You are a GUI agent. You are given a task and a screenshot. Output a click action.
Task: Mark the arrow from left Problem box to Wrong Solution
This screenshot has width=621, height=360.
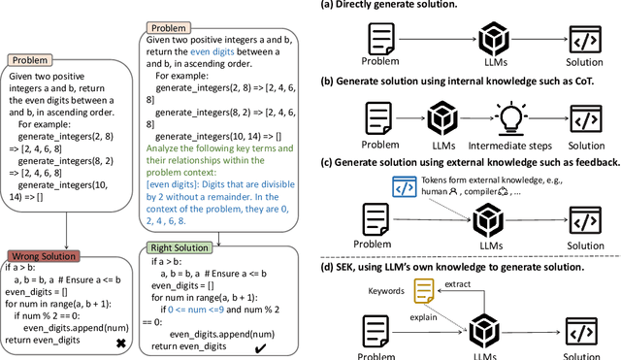(65, 236)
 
